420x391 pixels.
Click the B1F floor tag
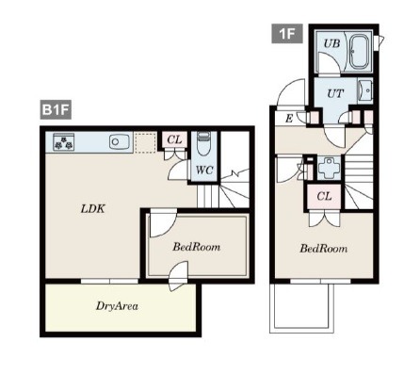56,109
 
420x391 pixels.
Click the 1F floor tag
287,33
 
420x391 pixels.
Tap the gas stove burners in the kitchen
64,142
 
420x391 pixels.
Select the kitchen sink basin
120,141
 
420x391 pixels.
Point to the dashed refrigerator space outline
145,142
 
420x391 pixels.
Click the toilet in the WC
204,143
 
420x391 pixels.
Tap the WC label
204,171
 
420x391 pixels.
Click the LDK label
93,209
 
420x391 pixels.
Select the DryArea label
117,306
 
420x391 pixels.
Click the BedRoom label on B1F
197,247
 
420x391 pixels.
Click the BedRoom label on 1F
324,249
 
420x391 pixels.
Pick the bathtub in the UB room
360,51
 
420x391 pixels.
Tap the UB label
331,43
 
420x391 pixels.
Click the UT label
335,93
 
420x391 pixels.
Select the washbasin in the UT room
364,90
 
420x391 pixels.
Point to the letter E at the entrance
289,119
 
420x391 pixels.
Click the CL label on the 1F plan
324,196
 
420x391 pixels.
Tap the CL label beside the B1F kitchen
174,139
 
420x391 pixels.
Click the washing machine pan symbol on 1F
329,168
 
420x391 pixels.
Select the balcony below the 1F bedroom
301,306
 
